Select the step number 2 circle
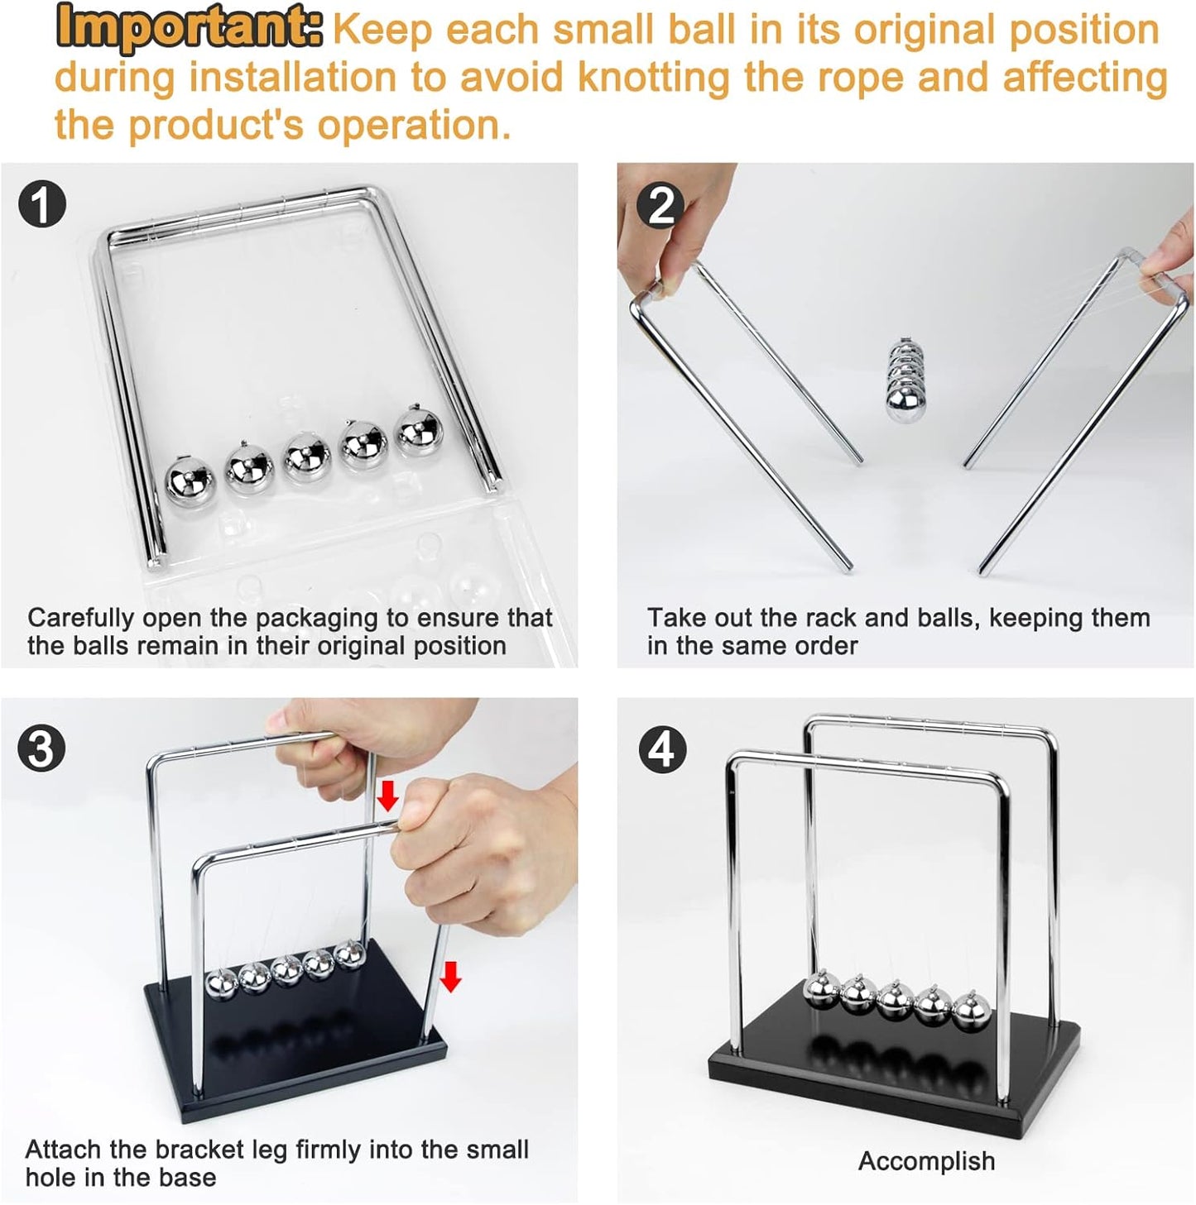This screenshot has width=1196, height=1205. [x=660, y=204]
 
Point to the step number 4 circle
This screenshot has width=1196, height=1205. [x=661, y=749]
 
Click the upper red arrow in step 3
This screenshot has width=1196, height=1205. [x=387, y=796]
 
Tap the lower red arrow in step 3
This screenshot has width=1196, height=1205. [x=450, y=976]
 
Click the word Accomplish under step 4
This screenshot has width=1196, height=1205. [x=926, y=1161]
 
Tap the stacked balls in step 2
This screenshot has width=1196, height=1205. [x=904, y=380]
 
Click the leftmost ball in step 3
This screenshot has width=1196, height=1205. [x=221, y=984]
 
